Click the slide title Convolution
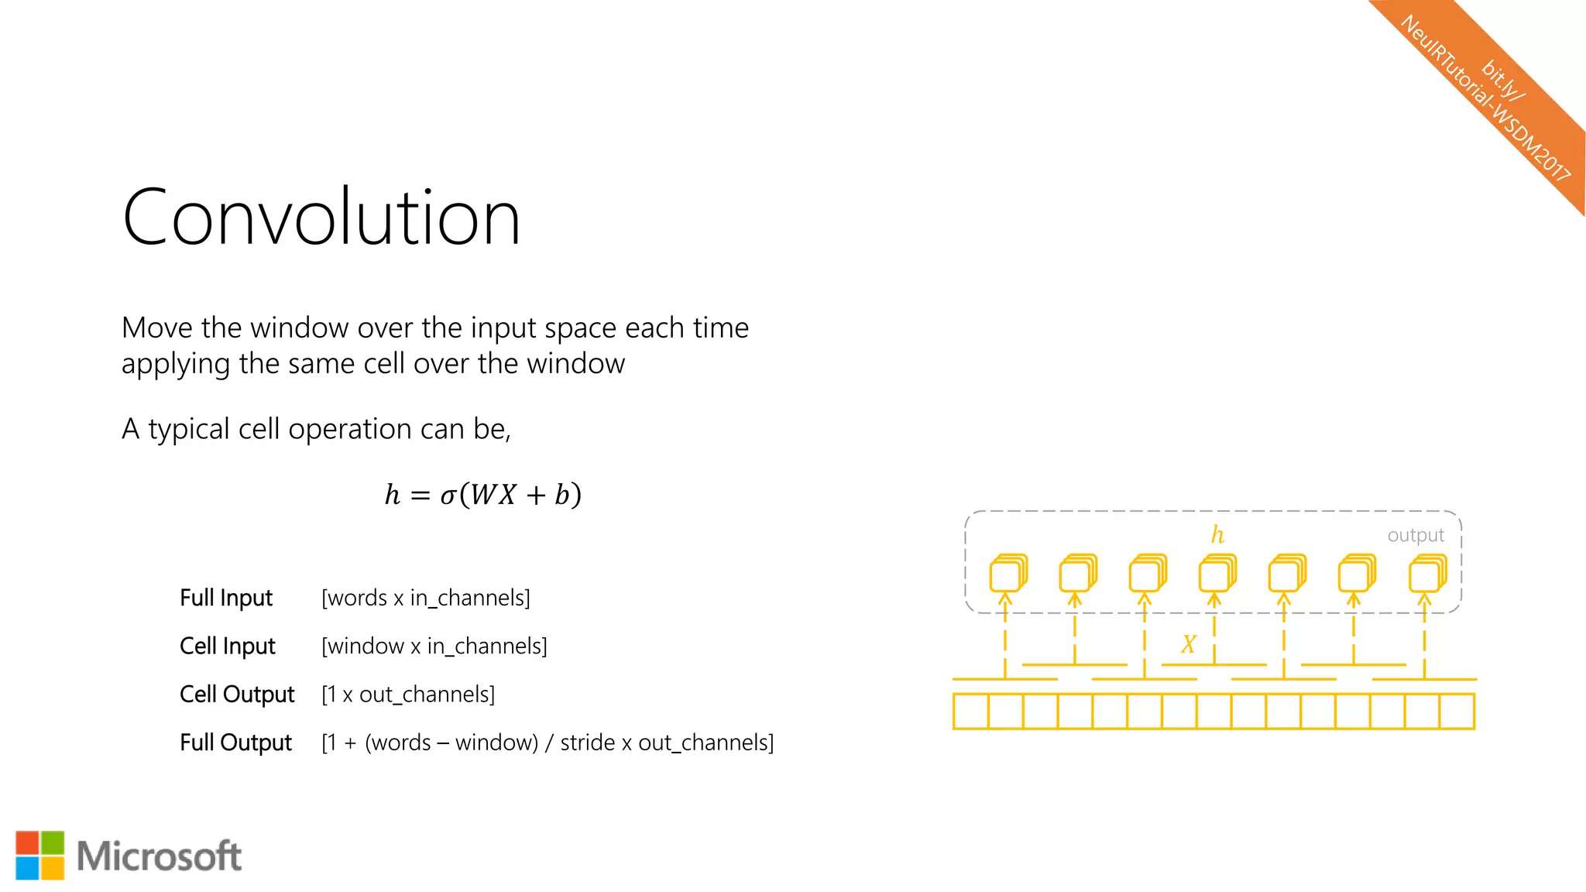point(321,218)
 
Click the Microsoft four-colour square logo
point(39,855)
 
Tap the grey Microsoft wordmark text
point(159,856)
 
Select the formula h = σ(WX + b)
point(482,494)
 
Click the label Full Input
point(226,598)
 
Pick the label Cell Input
point(228,646)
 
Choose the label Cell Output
point(237,694)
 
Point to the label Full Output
point(235,742)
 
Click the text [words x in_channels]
point(426,598)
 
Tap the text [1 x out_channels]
point(408,694)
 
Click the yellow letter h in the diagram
point(1217,534)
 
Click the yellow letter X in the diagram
point(1189,644)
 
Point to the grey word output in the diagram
point(1416,535)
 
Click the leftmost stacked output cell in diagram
point(1008,574)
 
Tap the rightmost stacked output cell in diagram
point(1426,574)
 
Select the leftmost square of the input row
point(971,711)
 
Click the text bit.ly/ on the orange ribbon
point(1503,80)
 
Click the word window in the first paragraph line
point(300,328)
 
